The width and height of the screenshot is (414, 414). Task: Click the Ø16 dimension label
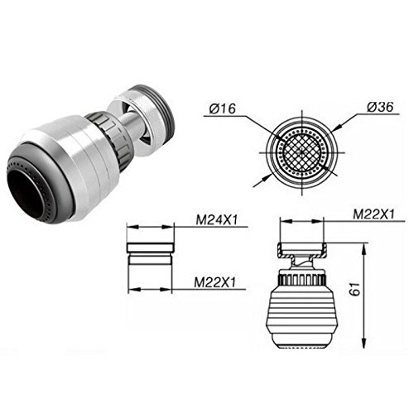tap(223, 108)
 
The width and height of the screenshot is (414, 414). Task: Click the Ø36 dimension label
tap(380, 107)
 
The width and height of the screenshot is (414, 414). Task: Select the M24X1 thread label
tap(217, 220)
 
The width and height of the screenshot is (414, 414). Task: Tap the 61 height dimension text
tap(355, 289)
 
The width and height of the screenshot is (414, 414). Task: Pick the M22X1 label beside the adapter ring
tap(215, 282)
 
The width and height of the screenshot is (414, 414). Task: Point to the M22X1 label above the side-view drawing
tap(374, 214)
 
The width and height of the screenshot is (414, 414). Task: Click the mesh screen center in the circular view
tap(302, 152)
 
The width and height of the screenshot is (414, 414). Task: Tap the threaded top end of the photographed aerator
tap(159, 106)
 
